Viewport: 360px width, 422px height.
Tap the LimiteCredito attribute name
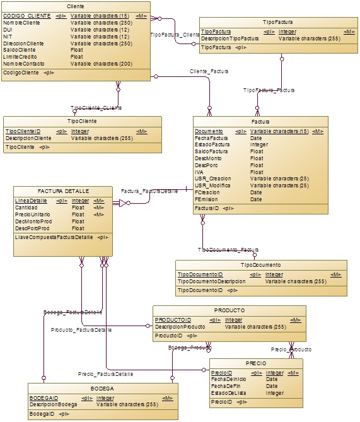tap(21, 57)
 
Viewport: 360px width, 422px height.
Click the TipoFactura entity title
tap(277, 21)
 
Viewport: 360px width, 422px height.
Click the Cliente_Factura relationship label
tap(209, 71)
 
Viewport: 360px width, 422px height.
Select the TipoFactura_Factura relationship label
tap(269, 90)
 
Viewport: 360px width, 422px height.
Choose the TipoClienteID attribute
tap(23, 131)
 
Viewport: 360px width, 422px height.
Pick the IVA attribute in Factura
tap(199, 172)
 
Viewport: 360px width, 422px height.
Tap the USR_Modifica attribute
tap(213, 185)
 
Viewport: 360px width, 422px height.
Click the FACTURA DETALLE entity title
tap(63, 191)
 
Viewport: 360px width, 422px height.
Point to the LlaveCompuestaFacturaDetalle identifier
tap(54, 237)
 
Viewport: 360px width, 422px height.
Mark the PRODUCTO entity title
tap(229, 310)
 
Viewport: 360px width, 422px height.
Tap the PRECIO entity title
tap(256, 363)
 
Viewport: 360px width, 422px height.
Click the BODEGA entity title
tap(102, 388)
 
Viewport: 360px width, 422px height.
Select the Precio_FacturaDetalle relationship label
tap(105, 374)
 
